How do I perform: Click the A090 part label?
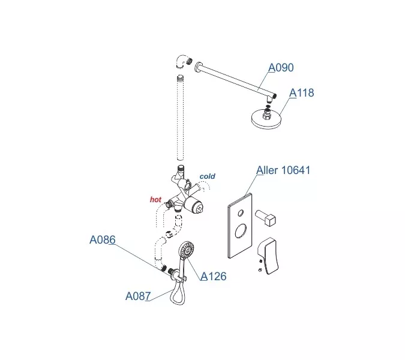tap(281, 68)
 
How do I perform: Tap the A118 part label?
tap(301, 93)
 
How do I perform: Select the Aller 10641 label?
tap(283, 170)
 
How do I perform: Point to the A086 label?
tap(103, 240)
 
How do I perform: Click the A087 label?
tap(138, 296)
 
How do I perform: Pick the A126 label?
tap(214, 277)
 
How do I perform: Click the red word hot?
tap(155, 200)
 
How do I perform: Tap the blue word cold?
tap(208, 176)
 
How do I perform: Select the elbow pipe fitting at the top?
tap(184, 61)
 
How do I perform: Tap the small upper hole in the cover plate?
tap(241, 213)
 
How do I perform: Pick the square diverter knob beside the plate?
tap(266, 218)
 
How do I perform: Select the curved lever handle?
tap(268, 256)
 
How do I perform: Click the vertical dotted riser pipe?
tap(180, 118)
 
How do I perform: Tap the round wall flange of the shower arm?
tap(198, 67)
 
